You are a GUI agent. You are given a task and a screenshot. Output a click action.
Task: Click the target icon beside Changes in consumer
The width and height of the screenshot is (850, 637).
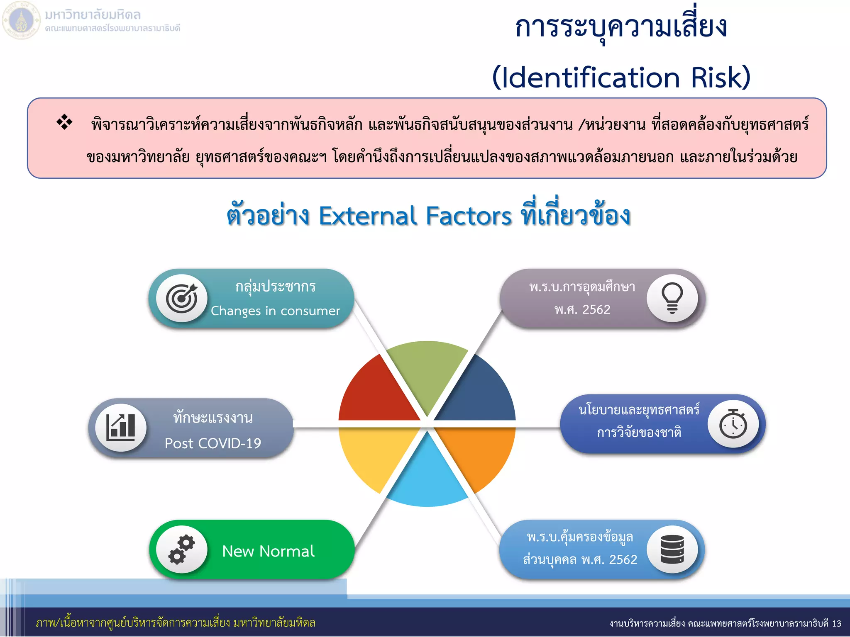coord(182,298)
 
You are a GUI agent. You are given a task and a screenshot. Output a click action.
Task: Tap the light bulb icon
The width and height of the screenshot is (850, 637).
coord(672,298)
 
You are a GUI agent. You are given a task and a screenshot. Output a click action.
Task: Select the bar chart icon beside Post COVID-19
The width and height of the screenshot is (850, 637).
coord(121,427)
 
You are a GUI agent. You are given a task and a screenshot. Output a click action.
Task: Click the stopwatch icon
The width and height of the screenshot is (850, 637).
coord(733,424)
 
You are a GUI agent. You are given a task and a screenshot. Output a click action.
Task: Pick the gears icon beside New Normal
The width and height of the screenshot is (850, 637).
coord(182,549)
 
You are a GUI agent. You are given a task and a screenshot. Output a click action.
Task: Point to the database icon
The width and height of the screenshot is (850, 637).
coord(672,549)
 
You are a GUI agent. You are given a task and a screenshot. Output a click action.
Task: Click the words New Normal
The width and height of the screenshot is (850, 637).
coord(268,551)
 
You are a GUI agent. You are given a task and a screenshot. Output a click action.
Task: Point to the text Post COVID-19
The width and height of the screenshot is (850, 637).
coord(213,443)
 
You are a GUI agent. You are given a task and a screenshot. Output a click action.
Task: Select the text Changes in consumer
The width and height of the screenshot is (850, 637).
coord(275,311)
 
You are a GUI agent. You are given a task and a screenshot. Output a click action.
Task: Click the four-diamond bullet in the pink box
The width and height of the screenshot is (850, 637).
coord(64,122)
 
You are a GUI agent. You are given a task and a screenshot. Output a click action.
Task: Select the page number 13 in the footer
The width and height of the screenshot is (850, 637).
coord(836,623)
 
